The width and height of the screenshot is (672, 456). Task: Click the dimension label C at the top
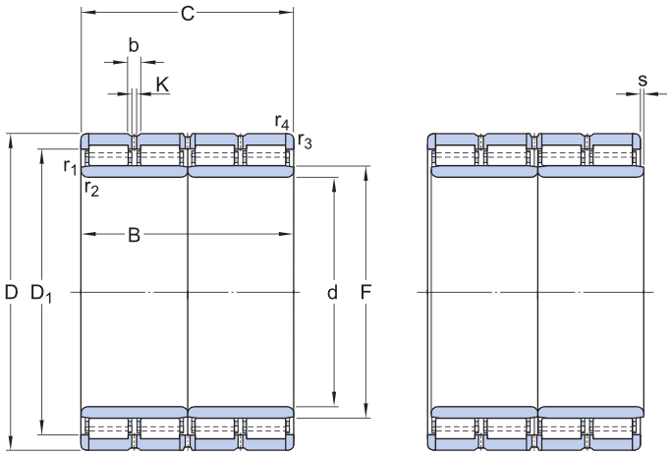pyautogui.click(x=187, y=13)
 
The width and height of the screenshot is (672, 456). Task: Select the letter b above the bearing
pyautogui.click(x=134, y=44)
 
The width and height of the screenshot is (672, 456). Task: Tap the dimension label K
pyautogui.click(x=162, y=85)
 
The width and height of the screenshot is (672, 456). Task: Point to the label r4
pyautogui.click(x=282, y=122)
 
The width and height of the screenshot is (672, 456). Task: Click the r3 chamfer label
pyautogui.click(x=306, y=142)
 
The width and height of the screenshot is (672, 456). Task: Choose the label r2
pyautogui.click(x=91, y=188)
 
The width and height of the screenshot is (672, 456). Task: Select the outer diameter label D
pyautogui.click(x=11, y=292)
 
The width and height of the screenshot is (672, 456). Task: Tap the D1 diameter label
pyautogui.click(x=40, y=292)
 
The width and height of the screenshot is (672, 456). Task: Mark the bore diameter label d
pyautogui.click(x=333, y=292)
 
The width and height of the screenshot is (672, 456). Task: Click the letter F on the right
pyautogui.click(x=365, y=292)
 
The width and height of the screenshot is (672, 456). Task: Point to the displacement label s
pyautogui.click(x=643, y=80)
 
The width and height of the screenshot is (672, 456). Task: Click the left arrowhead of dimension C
pyautogui.click(x=84, y=13)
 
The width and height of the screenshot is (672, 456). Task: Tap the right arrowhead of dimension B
pyautogui.click(x=289, y=234)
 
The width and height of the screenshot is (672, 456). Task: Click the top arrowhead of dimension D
pyautogui.click(x=11, y=137)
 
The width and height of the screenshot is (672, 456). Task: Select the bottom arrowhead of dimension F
pyautogui.click(x=365, y=413)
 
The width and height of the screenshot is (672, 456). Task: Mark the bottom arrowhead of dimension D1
pyautogui.click(x=41, y=429)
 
